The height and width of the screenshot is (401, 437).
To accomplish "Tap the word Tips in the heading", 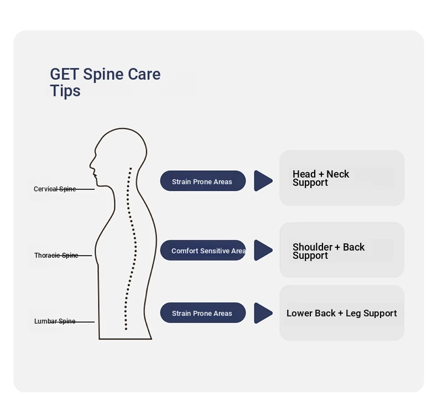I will [x=65, y=91].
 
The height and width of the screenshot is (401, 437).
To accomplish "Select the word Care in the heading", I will [x=144, y=74].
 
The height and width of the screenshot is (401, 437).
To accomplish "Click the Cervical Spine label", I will [x=55, y=189].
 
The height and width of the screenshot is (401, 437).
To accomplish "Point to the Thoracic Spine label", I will [x=56, y=256].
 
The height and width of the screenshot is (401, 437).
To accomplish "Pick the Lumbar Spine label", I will [x=55, y=321].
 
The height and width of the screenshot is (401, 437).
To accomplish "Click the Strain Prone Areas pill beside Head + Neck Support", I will [x=202, y=181].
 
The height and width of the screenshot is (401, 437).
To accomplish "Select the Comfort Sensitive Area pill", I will [x=202, y=251].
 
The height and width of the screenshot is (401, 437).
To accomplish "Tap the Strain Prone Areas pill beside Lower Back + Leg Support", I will [x=202, y=313].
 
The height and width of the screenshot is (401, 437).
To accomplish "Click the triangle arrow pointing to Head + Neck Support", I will [x=262, y=181].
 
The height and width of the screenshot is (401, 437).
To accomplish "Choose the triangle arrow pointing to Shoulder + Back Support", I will [x=262, y=250].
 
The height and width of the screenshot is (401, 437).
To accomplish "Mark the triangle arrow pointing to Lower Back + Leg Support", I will [x=262, y=313].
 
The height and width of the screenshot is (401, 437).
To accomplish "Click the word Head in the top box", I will [x=304, y=174].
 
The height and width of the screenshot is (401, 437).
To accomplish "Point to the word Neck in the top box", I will [x=337, y=174].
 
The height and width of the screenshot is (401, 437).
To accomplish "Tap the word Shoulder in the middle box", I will [x=313, y=247].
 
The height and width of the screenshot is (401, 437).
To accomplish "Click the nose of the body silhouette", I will [x=91, y=164].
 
